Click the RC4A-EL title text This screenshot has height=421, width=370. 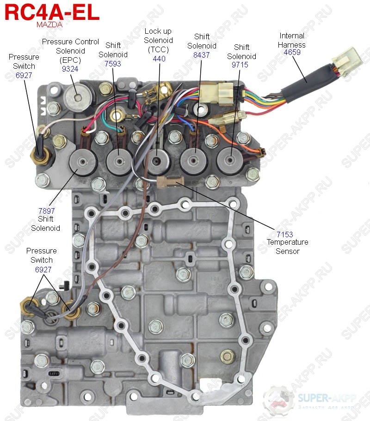tap(51, 12)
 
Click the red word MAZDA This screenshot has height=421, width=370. tap(49, 25)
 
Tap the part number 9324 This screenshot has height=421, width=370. tap(70, 68)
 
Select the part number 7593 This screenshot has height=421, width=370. tap(113, 64)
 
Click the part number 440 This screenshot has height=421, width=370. tap(159, 59)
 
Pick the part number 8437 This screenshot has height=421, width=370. tap(202, 54)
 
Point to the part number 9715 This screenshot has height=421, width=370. tap(240, 65)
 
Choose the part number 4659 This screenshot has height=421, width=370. tap(292, 53)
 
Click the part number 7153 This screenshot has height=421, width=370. tap(285, 235)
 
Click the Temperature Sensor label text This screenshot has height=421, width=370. tap(287, 247)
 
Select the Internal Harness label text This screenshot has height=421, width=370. tap(292, 40)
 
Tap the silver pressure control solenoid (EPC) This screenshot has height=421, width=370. tap(76, 96)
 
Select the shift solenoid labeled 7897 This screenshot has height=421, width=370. tap(83, 162)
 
